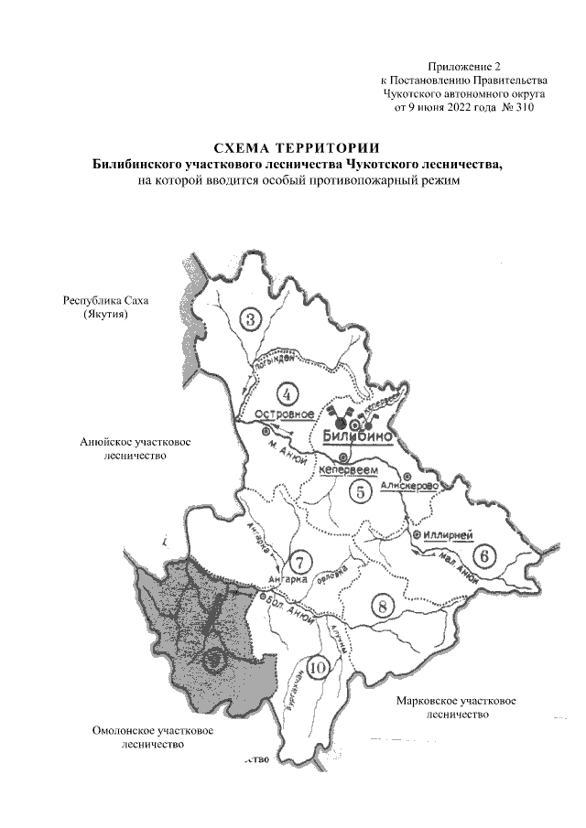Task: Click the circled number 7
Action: (297, 561)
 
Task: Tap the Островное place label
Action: (278, 414)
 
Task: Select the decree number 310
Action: (520, 107)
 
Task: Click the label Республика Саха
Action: (104, 300)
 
